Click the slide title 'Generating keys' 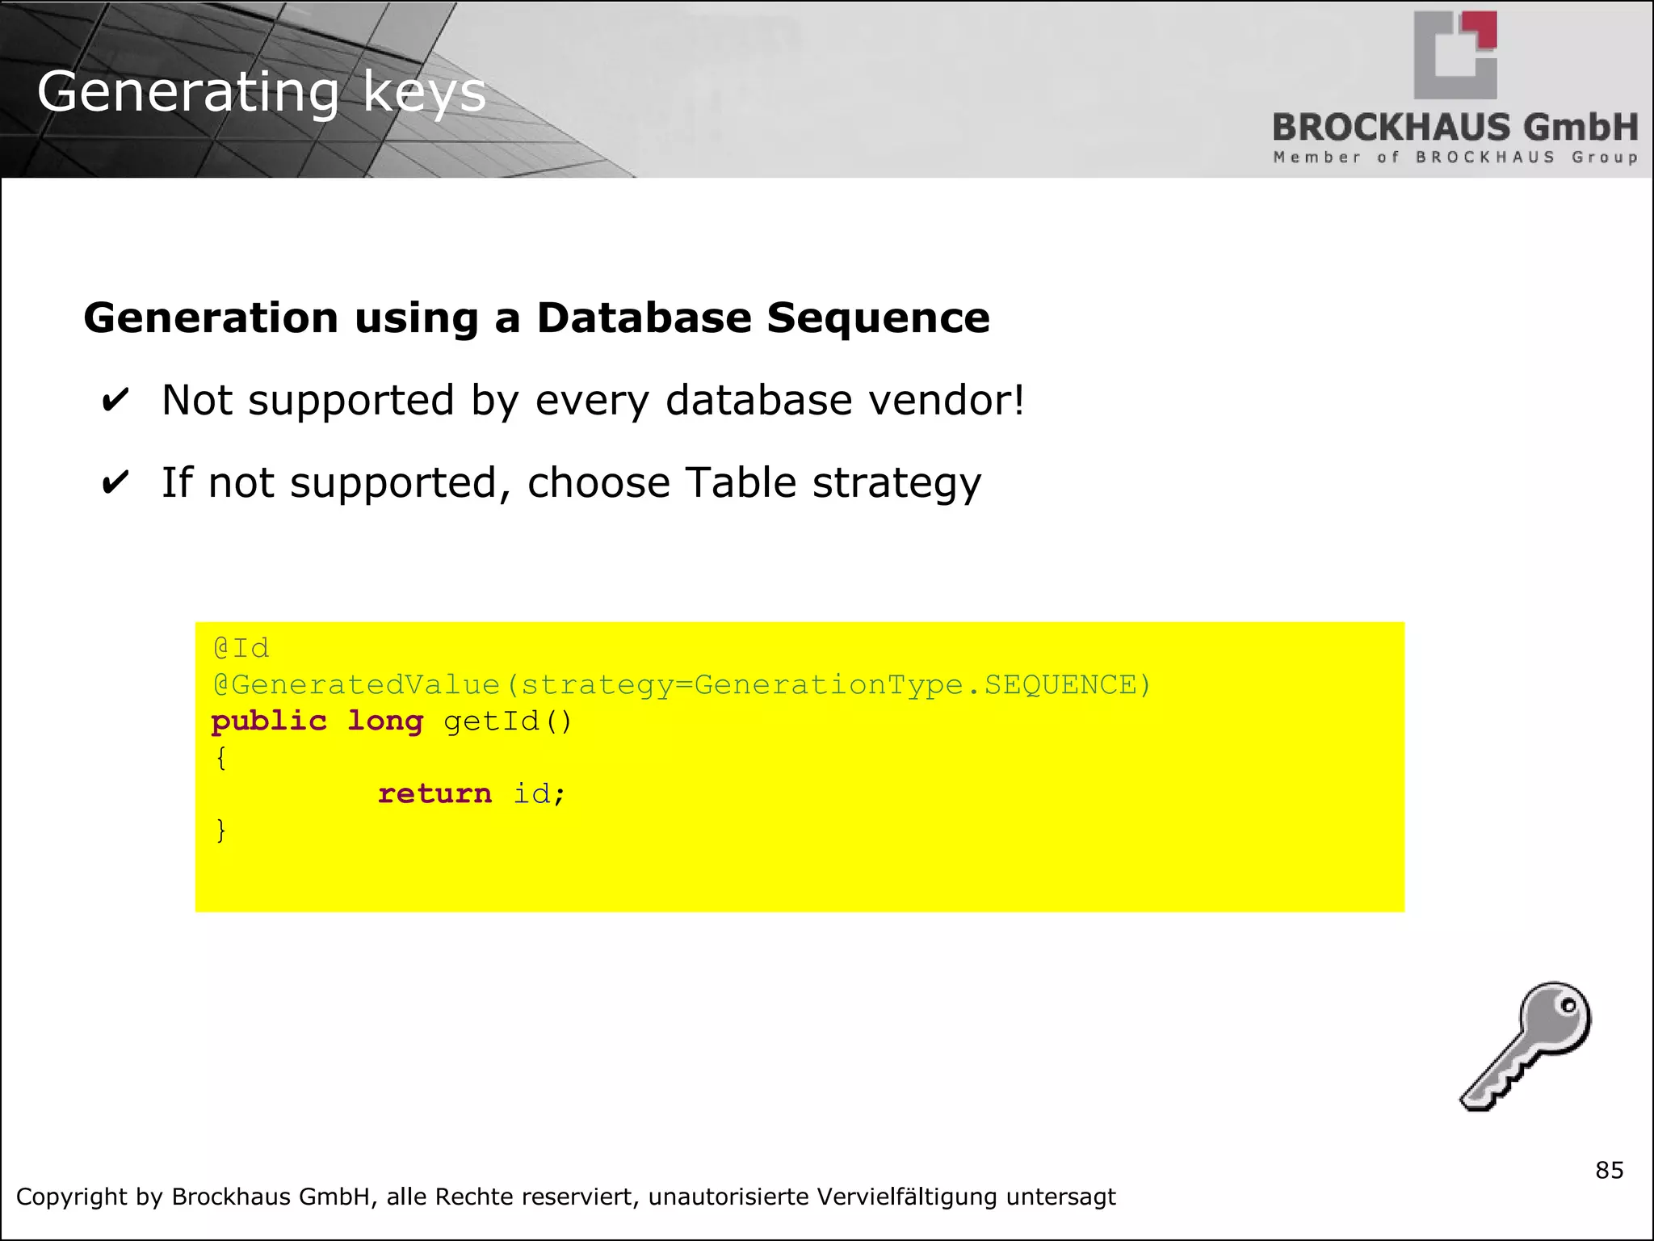click(261, 92)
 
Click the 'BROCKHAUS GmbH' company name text click(1455, 128)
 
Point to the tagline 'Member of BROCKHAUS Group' click(1455, 158)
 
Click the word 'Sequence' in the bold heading click(878, 318)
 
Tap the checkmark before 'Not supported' click(115, 401)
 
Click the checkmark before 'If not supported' click(115, 483)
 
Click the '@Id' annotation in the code click(241, 648)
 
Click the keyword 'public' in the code click(269, 721)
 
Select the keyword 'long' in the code click(385, 721)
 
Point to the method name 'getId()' click(507, 721)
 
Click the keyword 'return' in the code click(434, 793)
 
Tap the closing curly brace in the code click(220, 830)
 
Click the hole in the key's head click(1568, 1007)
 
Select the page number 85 click(1609, 1170)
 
